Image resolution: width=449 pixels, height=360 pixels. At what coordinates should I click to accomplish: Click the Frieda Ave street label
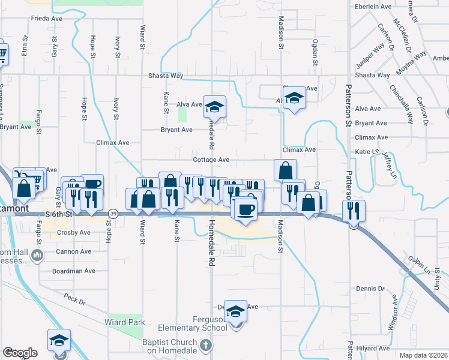47,19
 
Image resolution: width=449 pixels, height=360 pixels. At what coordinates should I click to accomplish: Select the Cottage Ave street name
211,160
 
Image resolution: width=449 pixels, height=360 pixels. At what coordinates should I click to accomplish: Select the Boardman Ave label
74,271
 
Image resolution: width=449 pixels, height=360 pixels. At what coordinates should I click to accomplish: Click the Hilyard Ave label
372,348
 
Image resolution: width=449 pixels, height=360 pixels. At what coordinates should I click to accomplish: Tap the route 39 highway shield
113,214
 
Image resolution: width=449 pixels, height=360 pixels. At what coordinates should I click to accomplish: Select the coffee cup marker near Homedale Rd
246,210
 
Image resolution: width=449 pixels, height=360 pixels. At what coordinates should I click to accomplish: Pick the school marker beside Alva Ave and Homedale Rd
214,107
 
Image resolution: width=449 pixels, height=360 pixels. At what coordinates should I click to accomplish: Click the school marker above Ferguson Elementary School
236,311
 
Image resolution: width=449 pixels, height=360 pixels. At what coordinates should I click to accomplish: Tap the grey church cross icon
206,345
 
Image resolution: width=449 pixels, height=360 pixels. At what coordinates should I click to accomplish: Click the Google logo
20,353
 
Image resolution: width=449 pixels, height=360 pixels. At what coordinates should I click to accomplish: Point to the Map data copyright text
424,355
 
